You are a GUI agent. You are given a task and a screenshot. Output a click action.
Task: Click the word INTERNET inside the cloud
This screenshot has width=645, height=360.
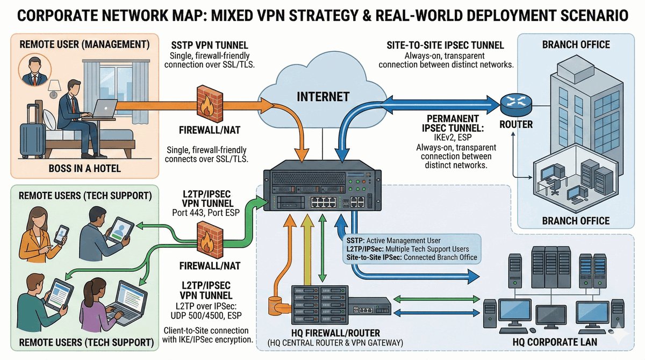point(324,97)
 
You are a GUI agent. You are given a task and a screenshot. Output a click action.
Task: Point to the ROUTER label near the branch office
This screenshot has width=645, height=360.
point(515,125)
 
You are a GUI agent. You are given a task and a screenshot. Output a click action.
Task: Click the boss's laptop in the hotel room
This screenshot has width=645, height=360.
point(103,110)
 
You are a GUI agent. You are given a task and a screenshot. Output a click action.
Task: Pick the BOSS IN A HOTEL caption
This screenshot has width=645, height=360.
point(84,168)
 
